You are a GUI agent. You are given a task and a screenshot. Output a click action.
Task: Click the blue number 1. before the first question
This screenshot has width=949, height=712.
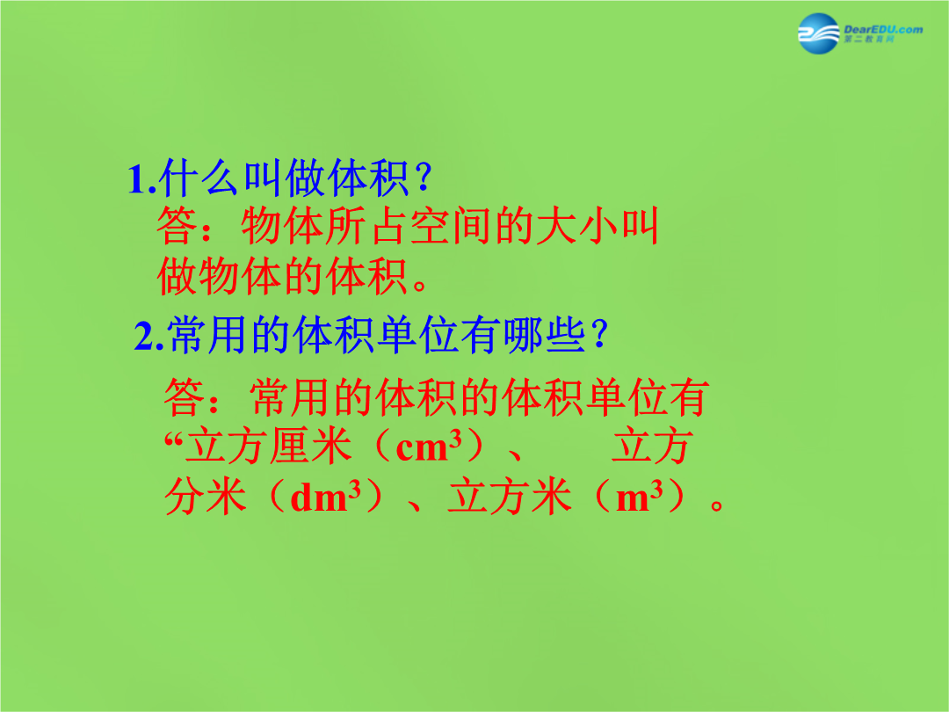tap(142, 180)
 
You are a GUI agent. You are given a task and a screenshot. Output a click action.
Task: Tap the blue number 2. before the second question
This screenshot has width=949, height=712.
tap(149, 337)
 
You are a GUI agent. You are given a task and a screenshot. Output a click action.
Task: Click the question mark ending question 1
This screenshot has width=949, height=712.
tap(423, 178)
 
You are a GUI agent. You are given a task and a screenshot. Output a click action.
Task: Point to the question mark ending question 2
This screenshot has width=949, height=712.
tap(599, 335)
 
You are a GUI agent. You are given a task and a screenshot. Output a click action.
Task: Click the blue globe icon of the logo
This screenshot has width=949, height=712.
tap(818, 33)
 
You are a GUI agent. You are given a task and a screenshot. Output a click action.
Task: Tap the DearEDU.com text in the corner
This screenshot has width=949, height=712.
tap(883, 29)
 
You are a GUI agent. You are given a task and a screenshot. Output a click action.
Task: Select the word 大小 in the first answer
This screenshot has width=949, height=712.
tap(576, 227)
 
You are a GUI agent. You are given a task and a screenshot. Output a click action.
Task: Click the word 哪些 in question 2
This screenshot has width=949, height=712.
tap(545, 335)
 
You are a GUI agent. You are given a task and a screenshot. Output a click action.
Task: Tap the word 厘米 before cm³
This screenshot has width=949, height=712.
tap(310, 447)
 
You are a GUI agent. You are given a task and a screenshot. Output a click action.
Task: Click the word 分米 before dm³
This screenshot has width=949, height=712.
tap(205, 497)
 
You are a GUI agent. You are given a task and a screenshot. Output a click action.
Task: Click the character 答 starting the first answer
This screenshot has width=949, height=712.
tap(177, 227)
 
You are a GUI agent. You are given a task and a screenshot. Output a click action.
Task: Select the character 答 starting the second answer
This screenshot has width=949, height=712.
tap(184, 397)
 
